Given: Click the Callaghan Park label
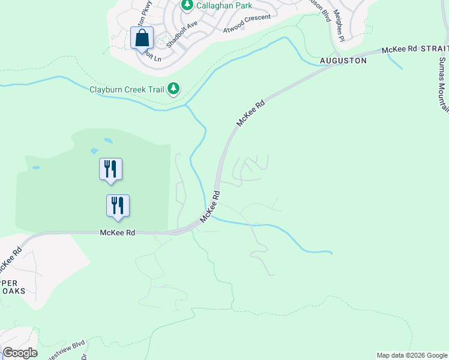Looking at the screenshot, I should click(224, 5).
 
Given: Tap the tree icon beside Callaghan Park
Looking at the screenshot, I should click(187, 5).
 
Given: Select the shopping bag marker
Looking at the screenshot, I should click(142, 38).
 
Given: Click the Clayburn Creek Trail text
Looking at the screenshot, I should click(127, 90).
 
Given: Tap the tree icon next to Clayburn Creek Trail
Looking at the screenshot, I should click(173, 89).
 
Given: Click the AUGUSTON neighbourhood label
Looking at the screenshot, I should click(343, 61).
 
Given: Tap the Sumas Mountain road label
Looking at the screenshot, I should click(443, 84).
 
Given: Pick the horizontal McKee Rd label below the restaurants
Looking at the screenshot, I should click(117, 232).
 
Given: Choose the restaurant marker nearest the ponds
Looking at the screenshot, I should click(110, 169).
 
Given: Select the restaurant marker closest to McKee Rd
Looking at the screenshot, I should click(118, 205).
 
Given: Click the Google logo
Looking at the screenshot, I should click(20, 353).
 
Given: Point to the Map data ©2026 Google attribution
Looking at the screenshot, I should click(412, 355).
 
